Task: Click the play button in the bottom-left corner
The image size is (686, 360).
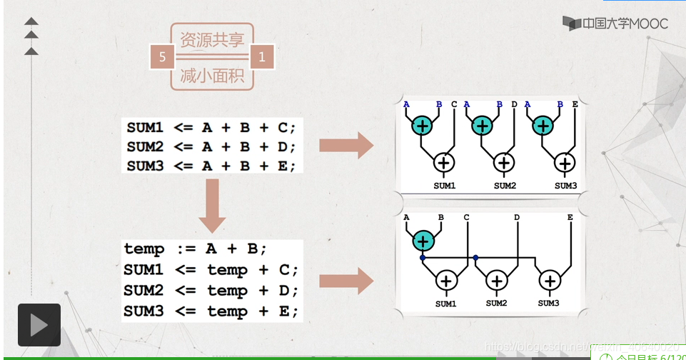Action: point(39,325)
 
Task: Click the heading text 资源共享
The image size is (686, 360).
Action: point(212,39)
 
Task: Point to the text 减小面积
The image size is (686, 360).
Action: point(212,75)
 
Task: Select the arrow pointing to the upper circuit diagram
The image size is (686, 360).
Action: point(345,146)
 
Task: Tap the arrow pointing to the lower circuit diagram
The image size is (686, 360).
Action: point(345,281)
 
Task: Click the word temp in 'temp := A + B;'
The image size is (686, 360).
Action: point(144,249)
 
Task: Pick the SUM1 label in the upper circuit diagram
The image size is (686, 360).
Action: point(445,186)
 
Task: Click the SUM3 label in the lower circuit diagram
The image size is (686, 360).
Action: point(548,304)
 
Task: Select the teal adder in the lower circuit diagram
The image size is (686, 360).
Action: point(423,241)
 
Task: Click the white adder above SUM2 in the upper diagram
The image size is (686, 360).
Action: point(505,162)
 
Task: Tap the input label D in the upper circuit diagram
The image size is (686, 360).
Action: point(514,104)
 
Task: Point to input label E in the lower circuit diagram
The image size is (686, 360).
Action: point(570,217)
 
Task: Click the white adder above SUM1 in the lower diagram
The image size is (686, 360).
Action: point(446,281)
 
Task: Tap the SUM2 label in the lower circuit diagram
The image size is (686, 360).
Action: point(496,304)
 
